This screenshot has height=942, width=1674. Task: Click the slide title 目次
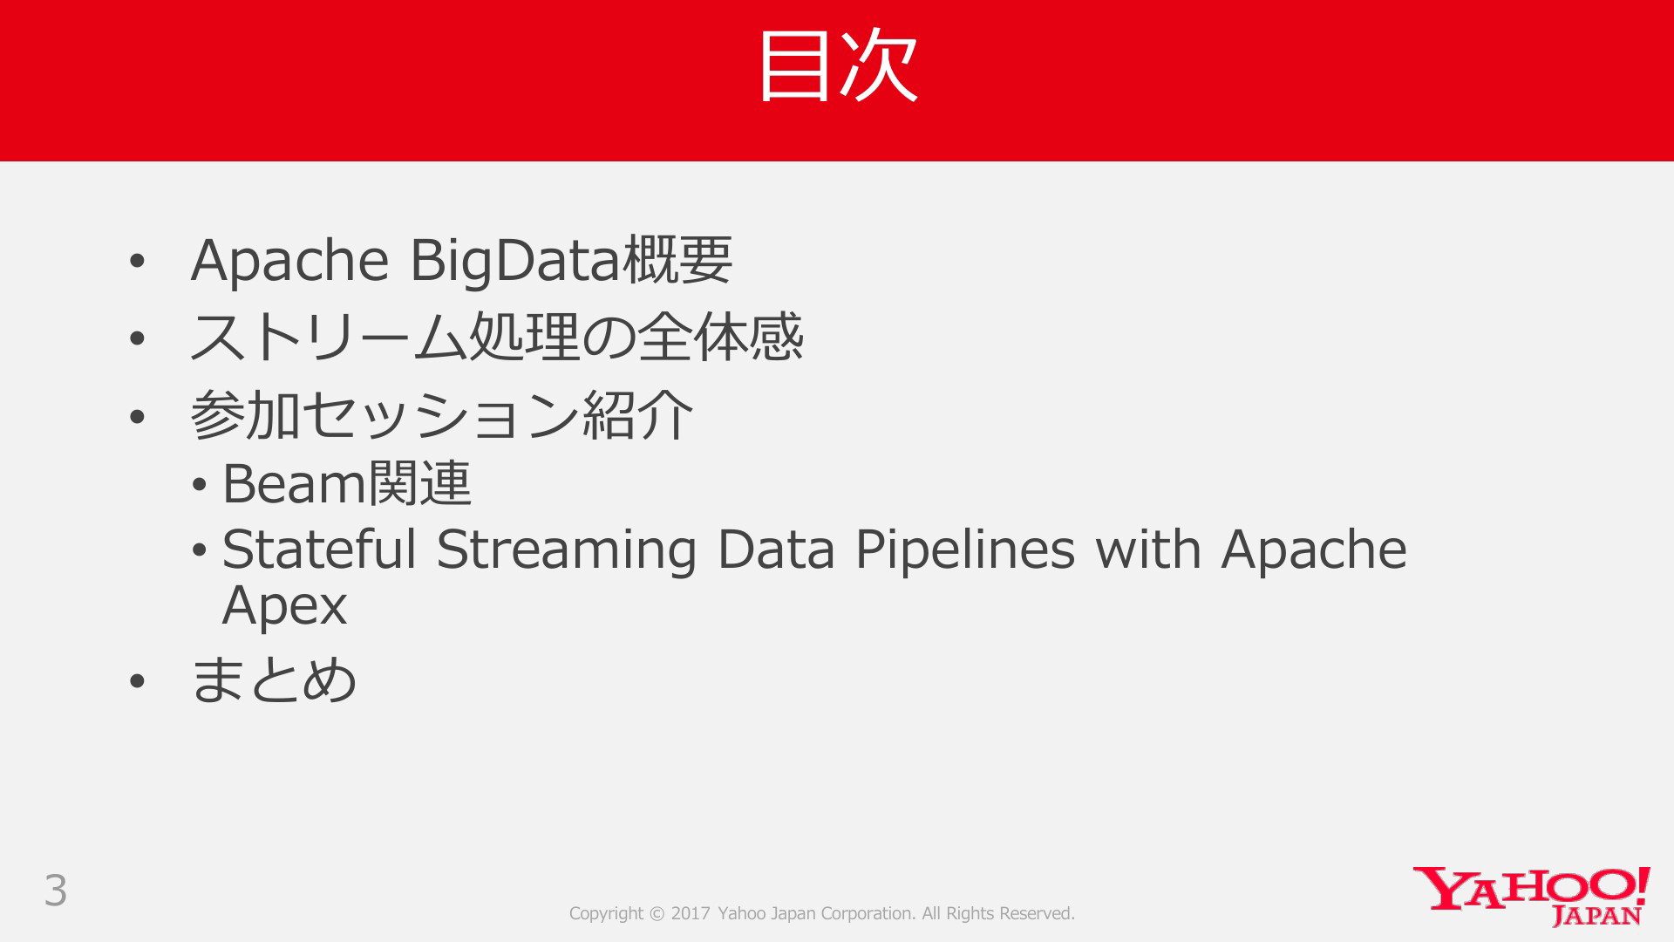(x=838, y=65)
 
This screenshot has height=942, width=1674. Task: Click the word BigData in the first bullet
(x=515, y=261)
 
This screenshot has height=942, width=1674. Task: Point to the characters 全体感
(x=720, y=337)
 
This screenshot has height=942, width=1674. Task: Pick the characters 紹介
(x=637, y=414)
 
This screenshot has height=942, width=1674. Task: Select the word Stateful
(x=319, y=549)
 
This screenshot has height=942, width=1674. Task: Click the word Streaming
(x=567, y=551)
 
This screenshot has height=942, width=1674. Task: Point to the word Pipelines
(x=965, y=551)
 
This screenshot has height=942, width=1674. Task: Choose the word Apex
(x=284, y=606)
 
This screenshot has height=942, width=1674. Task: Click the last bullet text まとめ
(x=274, y=679)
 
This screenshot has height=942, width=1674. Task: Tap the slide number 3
(x=56, y=891)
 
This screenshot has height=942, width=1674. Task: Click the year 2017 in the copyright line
(x=691, y=913)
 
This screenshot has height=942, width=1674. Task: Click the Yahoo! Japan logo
(x=1531, y=896)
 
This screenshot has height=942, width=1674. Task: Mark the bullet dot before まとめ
(x=137, y=681)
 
